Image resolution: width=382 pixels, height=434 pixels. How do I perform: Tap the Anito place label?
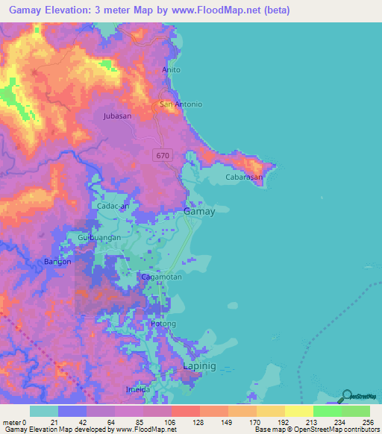[172, 70]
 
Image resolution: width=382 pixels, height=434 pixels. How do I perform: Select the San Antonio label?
[178, 104]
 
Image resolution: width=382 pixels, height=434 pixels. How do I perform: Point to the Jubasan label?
[117, 116]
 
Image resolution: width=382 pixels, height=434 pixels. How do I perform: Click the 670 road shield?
[163, 155]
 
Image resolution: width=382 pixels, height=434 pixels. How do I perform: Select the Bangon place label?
[57, 262]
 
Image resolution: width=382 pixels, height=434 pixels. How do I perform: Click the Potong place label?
[163, 324]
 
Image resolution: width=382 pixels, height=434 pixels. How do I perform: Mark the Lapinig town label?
[199, 368]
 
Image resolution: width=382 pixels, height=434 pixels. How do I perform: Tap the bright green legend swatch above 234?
[328, 411]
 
